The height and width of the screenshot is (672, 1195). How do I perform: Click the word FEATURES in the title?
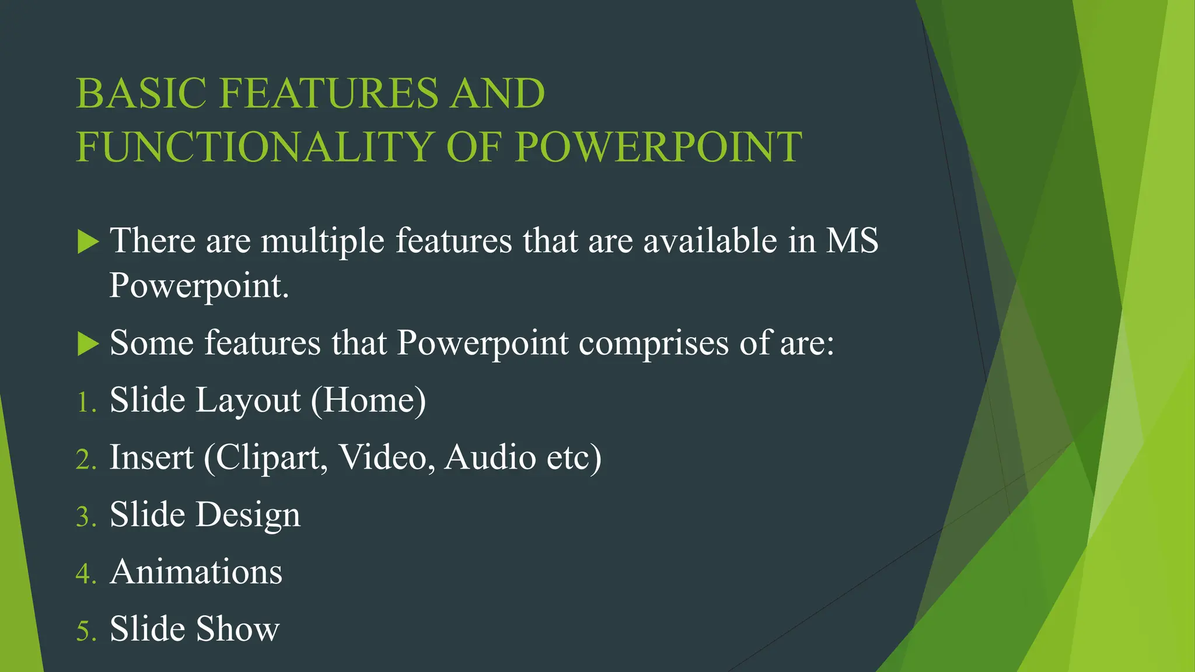[x=329, y=93]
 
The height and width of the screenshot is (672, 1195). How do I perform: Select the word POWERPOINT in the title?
[x=658, y=147]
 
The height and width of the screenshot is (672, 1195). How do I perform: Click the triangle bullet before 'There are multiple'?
[x=88, y=242]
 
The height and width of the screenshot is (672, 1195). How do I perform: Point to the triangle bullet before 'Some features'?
[x=88, y=344]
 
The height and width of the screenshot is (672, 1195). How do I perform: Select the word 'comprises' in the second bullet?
[x=654, y=343]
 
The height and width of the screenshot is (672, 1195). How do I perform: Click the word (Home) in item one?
[x=368, y=400]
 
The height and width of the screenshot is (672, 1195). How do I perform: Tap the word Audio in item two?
[x=490, y=457]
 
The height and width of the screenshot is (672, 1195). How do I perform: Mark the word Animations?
[x=196, y=572]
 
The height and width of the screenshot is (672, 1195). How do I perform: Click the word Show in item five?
[x=237, y=629]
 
